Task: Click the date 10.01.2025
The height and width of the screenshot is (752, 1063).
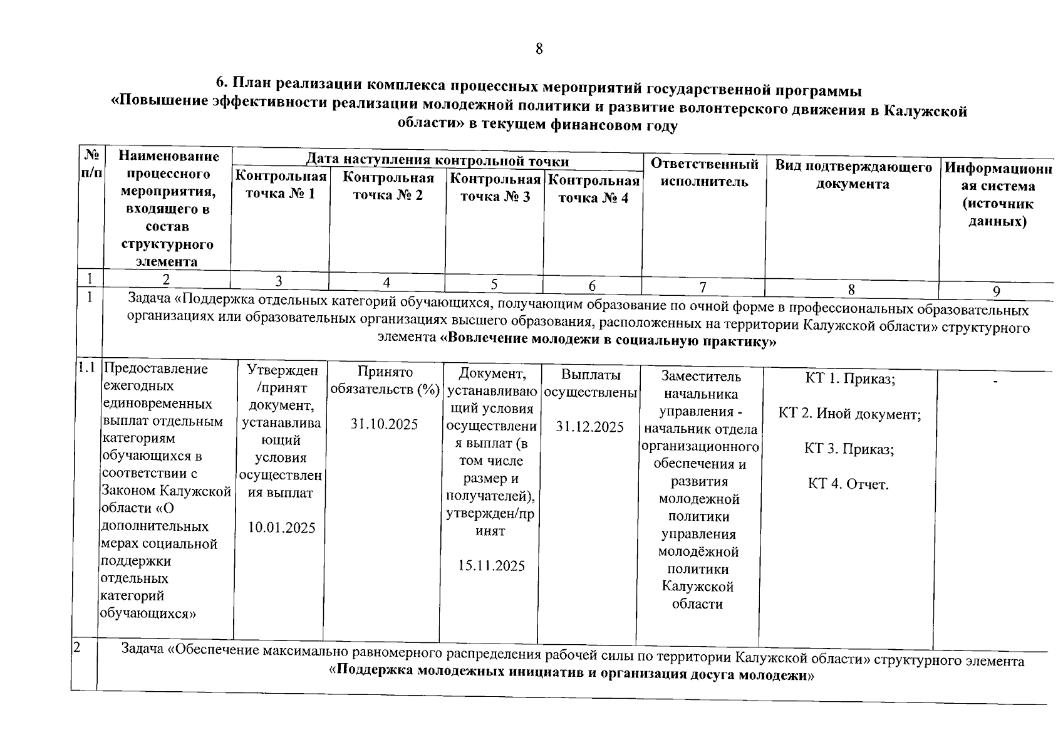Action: coord(281,528)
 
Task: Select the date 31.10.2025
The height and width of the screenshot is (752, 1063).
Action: coord(384,424)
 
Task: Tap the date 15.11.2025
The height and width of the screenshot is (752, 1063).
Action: coord(491,566)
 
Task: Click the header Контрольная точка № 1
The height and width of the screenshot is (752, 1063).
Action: coord(281,185)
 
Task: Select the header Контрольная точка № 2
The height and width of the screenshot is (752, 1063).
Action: coord(388,186)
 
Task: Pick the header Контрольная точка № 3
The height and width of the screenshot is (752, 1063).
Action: coord(495,188)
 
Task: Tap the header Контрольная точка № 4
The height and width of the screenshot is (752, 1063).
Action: coord(593,189)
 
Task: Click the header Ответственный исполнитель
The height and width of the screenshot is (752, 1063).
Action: coord(704,173)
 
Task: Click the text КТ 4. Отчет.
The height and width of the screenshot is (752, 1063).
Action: coord(848,484)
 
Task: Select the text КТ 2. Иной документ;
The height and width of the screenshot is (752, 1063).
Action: coord(849,414)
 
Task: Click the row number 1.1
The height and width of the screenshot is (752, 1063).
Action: coord(86,368)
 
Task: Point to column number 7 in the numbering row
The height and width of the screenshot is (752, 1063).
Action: coord(703,287)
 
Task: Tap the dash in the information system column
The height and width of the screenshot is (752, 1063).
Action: coord(996,381)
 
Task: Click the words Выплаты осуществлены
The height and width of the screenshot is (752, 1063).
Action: coord(591,384)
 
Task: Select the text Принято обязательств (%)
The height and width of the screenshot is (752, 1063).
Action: coord(385,380)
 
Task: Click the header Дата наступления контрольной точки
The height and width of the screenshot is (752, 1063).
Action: coord(437,161)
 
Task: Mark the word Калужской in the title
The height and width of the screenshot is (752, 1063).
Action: coord(933,110)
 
